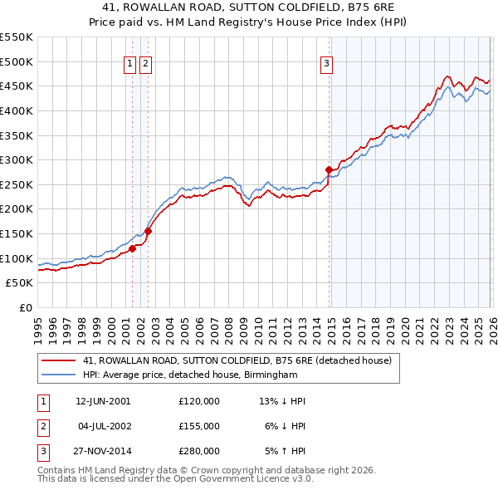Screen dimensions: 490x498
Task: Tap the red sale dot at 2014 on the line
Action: point(330,170)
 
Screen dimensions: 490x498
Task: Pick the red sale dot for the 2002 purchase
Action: point(148,232)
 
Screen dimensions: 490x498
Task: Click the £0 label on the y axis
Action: point(25,307)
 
